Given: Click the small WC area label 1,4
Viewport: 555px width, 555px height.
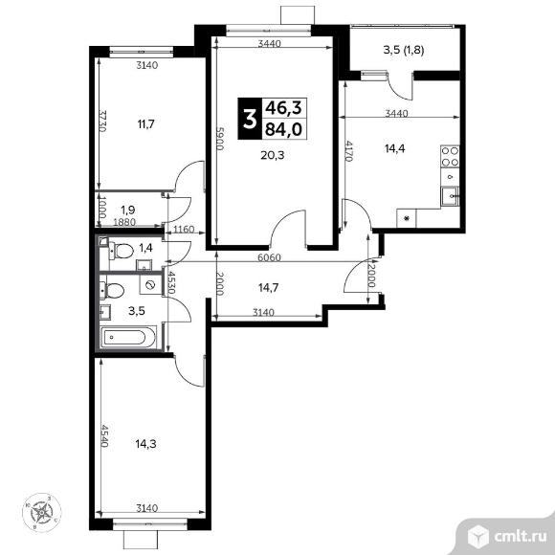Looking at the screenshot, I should point(146,249).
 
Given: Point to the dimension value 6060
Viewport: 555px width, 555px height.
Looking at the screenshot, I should point(274,257).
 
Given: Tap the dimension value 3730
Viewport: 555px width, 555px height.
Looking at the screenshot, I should point(101,122).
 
